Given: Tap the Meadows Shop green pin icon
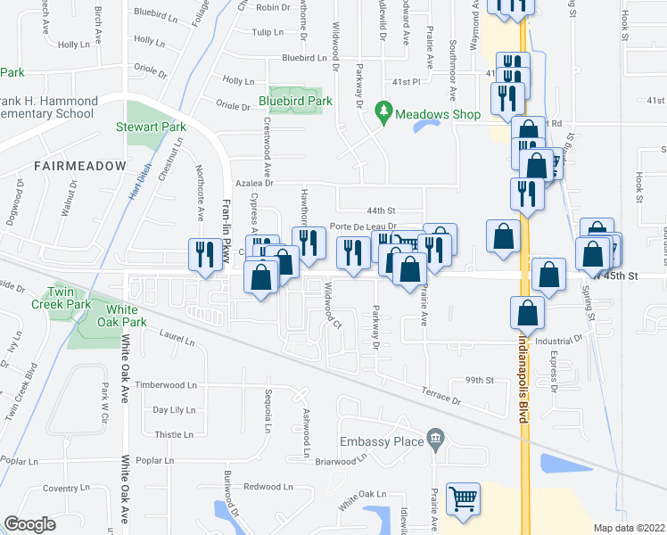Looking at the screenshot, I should [383, 111].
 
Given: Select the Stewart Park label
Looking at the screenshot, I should [149, 127].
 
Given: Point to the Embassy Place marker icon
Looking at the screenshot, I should [436, 437].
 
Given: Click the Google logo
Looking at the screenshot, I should [30, 524].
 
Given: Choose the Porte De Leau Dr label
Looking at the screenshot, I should [362, 226].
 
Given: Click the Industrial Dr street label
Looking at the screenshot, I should [558, 340].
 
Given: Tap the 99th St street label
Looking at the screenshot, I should [479, 380].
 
